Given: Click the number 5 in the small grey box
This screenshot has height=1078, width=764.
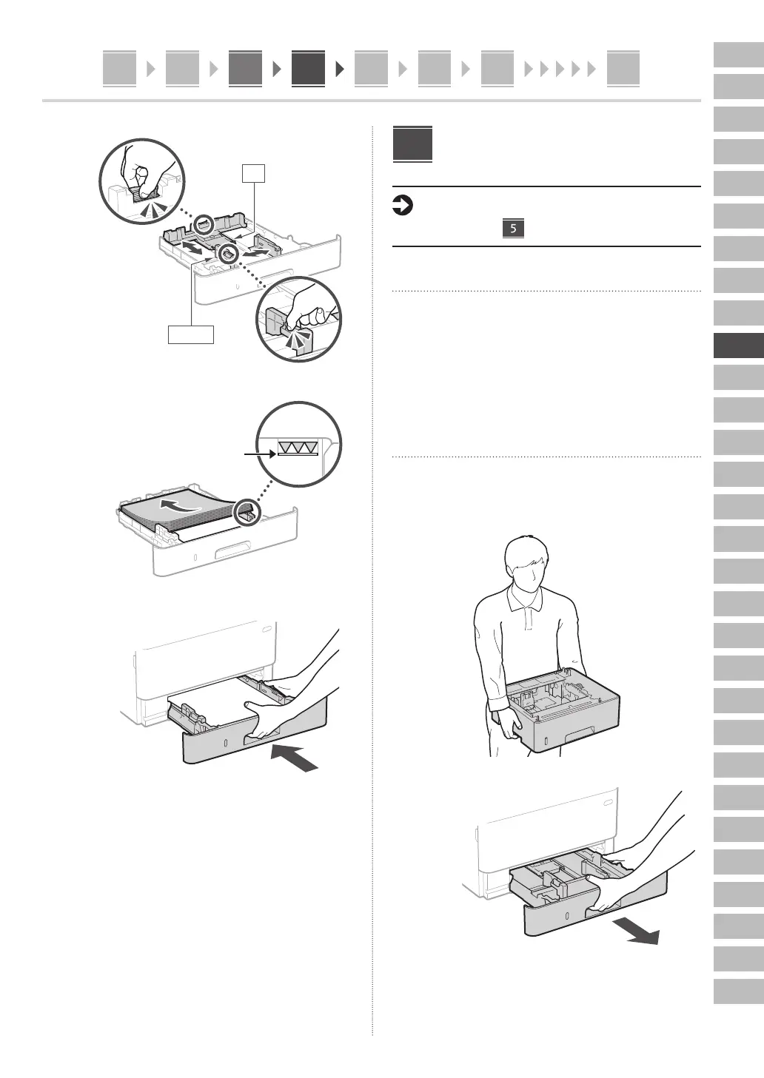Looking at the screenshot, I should pos(513,228).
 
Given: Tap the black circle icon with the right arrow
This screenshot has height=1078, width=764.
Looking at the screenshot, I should pos(401,206).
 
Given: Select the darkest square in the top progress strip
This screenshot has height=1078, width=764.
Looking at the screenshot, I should pos(308,69).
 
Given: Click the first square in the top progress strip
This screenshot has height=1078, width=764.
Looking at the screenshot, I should pos(119,69).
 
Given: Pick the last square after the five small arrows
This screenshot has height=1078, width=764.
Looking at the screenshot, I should pos(623,69).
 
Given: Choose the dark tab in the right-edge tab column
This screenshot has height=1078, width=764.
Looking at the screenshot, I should pos(738,346).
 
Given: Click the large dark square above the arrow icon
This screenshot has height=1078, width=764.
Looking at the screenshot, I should pos(412,144).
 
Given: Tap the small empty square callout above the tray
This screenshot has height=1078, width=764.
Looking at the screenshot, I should pos(253,173).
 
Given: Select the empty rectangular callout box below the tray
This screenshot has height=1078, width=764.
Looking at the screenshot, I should pos(191,334).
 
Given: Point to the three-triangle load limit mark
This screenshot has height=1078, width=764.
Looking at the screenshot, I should pos(298,447).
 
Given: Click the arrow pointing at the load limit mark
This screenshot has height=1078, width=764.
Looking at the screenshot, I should pos(259,454).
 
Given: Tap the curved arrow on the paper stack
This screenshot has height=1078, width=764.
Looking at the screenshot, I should pos(181,507).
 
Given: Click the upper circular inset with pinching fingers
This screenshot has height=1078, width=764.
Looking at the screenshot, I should pos(142,180).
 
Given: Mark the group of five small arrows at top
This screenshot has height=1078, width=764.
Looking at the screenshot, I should pos(560,70).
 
